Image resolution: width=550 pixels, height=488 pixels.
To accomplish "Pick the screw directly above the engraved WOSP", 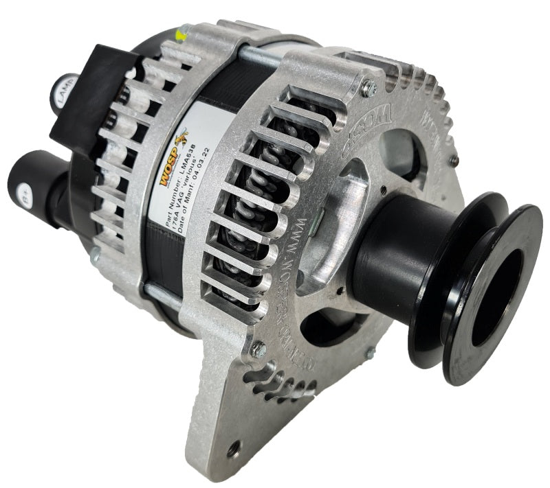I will pos(368,86).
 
